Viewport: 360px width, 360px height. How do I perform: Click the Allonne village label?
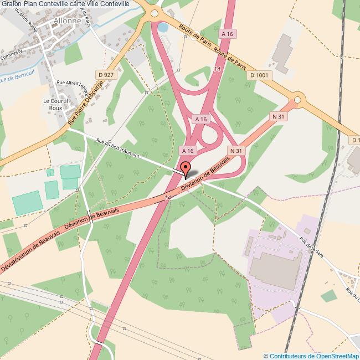pyautogui.click(x=67, y=21)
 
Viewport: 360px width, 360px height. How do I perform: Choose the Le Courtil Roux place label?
pyautogui.click(x=55, y=105)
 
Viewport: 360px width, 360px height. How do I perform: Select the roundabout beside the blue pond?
pyautogui.click(x=154, y=14)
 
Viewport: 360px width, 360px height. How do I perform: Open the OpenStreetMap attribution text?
pyautogui.click(x=311, y=356)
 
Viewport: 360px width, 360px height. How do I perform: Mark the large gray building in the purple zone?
pyautogui.click(x=272, y=264)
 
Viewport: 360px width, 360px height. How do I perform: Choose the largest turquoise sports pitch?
pyautogui.click(x=27, y=203)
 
